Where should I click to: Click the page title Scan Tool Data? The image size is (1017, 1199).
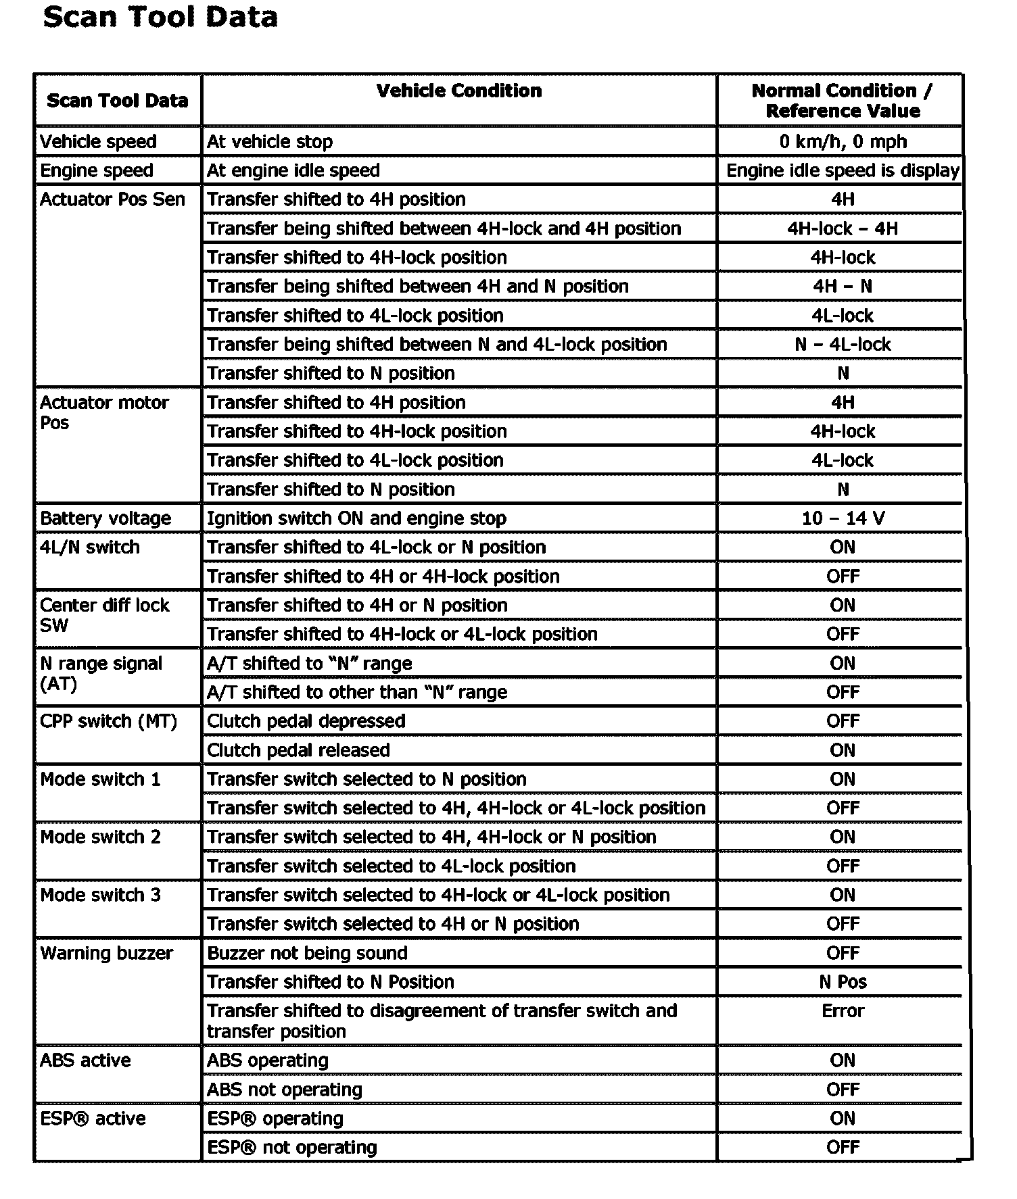click(160, 17)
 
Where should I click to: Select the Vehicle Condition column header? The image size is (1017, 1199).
click(459, 91)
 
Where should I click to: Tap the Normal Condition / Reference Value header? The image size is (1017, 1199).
click(842, 101)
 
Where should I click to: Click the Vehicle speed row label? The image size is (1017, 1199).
click(99, 141)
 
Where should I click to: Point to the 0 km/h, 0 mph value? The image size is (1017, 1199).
click(843, 141)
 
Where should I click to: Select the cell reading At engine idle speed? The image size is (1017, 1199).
click(293, 170)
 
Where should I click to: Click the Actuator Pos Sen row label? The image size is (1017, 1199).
click(112, 199)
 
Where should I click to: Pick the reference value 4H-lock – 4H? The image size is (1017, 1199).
click(843, 228)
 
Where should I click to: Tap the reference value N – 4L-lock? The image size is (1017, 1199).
click(843, 344)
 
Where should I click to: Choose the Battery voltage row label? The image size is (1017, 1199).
click(105, 518)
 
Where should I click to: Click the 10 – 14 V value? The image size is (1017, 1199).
click(843, 518)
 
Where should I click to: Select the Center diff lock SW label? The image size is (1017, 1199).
click(105, 614)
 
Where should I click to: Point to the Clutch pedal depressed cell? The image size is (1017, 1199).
click(306, 721)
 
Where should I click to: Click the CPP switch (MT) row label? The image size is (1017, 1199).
click(108, 721)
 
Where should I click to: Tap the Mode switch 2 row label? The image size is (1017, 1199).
click(101, 837)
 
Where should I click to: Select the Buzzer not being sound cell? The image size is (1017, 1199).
click(308, 953)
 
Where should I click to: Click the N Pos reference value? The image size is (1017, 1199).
click(843, 982)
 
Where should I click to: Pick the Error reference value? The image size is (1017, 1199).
click(843, 1011)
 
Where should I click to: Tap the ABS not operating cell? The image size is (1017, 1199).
click(285, 1090)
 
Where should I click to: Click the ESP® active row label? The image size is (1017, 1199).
click(93, 1119)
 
